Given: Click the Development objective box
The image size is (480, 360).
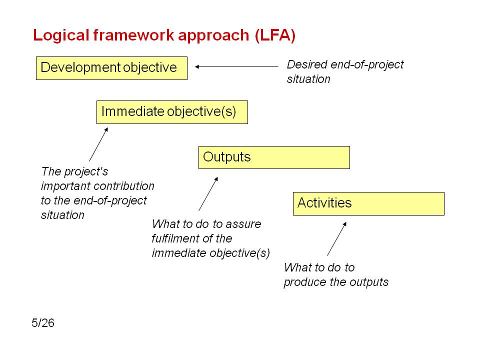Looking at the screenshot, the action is (x=111, y=68).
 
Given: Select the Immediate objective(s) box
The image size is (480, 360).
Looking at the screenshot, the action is (x=172, y=112).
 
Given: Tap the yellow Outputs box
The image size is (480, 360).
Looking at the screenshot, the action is (x=274, y=157).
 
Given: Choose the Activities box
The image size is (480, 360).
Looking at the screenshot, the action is (x=368, y=203).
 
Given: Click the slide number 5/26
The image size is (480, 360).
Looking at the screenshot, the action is (x=43, y=323).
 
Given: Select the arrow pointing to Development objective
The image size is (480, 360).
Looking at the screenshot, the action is (x=236, y=66).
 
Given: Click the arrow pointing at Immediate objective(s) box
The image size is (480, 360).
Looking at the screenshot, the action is (x=98, y=144).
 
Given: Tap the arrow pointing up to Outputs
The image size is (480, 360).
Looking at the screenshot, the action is (x=208, y=194).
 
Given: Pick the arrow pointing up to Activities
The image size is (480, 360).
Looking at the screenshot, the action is (x=337, y=239).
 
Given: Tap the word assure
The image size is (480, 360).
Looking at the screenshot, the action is (x=243, y=224).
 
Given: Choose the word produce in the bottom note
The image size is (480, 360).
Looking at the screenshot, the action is (x=304, y=282).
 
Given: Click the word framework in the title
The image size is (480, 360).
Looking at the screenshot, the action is (x=134, y=35).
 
